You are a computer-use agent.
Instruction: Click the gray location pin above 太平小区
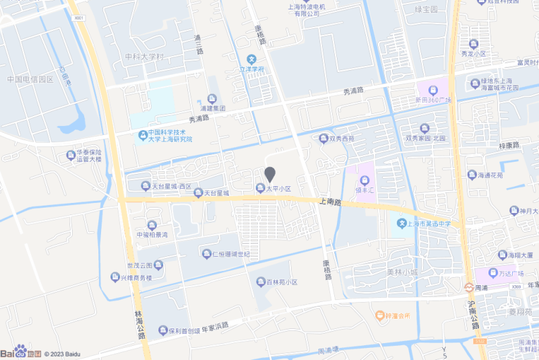pyautogui.click(x=270, y=173)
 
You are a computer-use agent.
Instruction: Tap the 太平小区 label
pyautogui.click(x=278, y=189)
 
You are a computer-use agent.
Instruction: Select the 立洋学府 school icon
pyautogui.click(x=251, y=59)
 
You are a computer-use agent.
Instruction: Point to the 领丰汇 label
pyautogui.click(x=364, y=191)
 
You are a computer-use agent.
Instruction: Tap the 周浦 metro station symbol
pyautogui.click(x=468, y=287)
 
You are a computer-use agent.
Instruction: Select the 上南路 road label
pyautogui.click(x=331, y=202)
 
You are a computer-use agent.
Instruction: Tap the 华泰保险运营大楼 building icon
pyautogui.click(x=71, y=156)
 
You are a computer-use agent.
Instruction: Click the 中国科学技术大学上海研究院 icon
pyautogui.click(x=142, y=136)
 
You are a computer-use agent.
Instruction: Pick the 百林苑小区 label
pyautogui.click(x=282, y=282)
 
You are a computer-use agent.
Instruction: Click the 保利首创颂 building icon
pyautogui.click(x=163, y=330)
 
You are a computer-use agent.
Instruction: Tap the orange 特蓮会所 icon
pyautogui.click(x=379, y=315)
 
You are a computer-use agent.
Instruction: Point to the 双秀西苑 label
pyautogui.click(x=341, y=139)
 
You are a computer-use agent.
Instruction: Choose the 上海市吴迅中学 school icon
pyautogui.click(x=402, y=223)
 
